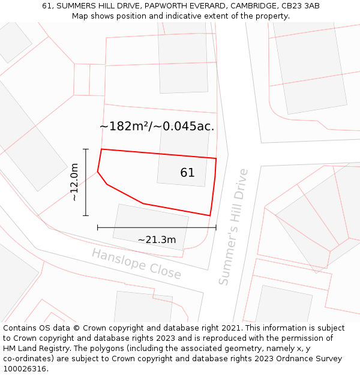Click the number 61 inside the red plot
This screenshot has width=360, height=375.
(187, 173)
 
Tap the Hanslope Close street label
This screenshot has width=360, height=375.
(136, 264)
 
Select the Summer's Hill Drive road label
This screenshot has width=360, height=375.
(233, 227)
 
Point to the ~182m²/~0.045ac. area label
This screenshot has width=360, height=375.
(157, 127)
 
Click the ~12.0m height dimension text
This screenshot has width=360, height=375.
(74, 182)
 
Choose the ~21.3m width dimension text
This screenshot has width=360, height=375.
(157, 240)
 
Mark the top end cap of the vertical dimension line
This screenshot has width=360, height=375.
(86, 149)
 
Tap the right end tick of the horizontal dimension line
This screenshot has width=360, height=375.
(216, 227)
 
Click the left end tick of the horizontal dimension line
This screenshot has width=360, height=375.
(97, 227)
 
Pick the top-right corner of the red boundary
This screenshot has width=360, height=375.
(216, 158)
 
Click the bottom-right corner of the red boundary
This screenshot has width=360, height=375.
(210, 215)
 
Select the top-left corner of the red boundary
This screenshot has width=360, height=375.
(101, 149)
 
